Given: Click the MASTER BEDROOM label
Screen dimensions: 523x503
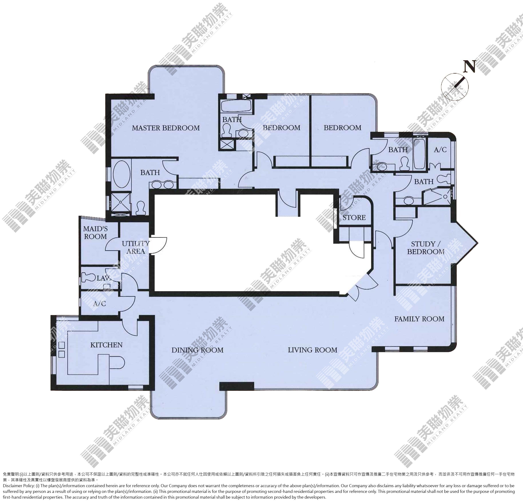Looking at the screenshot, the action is [166, 128].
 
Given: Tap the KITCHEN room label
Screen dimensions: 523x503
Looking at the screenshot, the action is [106, 345].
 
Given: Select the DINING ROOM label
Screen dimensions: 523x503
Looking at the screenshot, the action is [198, 350].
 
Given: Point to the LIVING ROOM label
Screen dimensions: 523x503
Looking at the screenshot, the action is [313, 350].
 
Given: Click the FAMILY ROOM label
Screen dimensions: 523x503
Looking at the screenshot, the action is [419, 319].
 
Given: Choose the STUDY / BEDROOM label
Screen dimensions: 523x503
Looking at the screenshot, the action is [426, 248].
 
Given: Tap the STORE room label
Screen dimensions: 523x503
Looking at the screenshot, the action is [354, 218].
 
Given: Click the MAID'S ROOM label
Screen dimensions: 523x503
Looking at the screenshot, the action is [95, 233].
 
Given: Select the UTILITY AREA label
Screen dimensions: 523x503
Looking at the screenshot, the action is [136, 247].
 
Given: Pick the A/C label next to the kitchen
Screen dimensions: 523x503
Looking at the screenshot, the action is [100, 304].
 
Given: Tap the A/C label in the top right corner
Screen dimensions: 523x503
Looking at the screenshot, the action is [440, 150].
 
